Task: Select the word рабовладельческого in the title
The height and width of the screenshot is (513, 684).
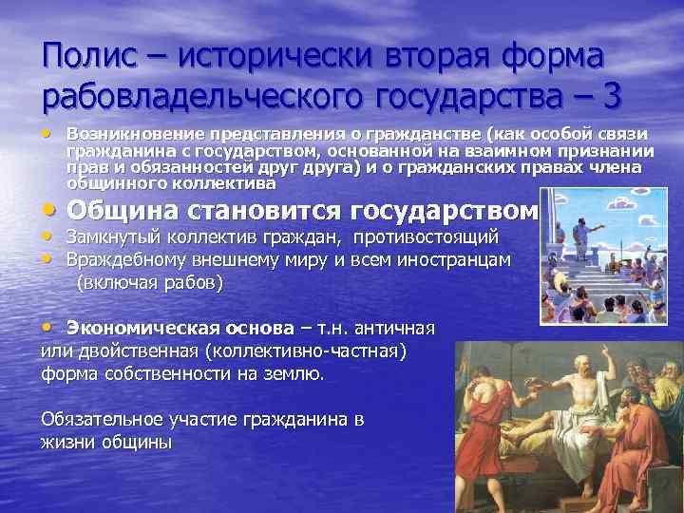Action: [x=203, y=97]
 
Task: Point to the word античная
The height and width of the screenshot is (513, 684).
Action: [x=394, y=329]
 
